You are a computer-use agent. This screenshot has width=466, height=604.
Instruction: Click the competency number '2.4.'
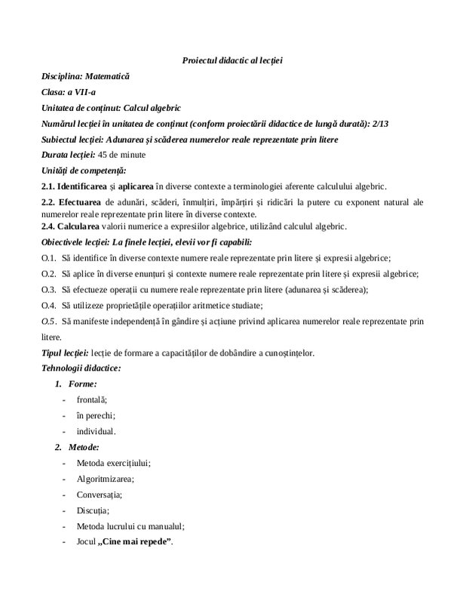[x=50, y=225]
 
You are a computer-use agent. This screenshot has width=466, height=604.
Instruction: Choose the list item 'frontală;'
[x=92, y=399]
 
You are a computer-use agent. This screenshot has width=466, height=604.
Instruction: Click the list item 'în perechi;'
[x=95, y=415]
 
